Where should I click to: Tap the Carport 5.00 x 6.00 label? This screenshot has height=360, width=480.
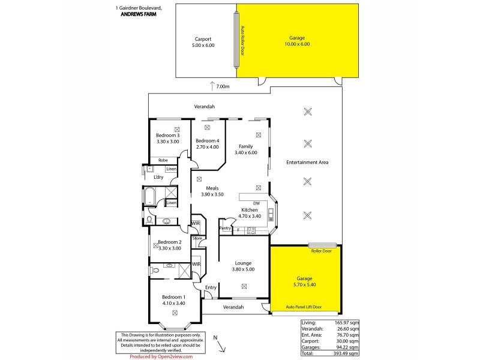pyautogui.click(x=203, y=41)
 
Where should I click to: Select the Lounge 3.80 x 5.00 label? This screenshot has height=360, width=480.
pyautogui.click(x=243, y=266)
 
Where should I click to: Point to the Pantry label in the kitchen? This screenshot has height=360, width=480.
pyautogui.click(x=226, y=229)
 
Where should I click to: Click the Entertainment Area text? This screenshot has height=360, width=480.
pyautogui.click(x=307, y=163)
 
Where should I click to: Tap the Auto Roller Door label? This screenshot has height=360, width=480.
pyautogui.click(x=242, y=41)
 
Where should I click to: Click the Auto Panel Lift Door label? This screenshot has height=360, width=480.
pyautogui.click(x=305, y=307)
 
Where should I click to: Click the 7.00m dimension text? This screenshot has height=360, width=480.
pyautogui.click(x=223, y=86)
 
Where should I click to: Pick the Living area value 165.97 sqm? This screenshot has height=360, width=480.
pyautogui.click(x=347, y=323)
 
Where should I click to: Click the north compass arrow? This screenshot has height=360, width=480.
pyautogui.click(x=220, y=346)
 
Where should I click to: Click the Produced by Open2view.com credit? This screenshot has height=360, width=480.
pyautogui.click(x=161, y=356)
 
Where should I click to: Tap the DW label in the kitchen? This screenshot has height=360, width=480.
pyautogui.click(x=256, y=203)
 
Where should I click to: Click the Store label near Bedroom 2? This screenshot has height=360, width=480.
pyautogui.click(x=197, y=238)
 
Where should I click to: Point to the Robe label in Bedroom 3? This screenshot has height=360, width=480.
pyautogui.click(x=163, y=160)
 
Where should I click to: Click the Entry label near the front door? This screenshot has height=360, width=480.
pyautogui.click(x=211, y=287)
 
